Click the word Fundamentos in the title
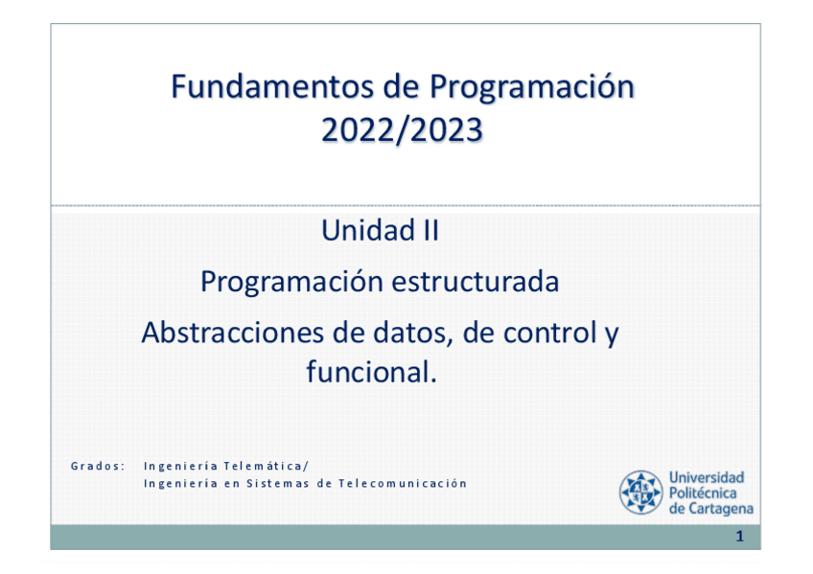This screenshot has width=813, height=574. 272,86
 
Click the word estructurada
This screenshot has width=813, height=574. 475,282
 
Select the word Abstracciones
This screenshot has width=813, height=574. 233,333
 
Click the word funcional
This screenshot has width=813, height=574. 371,372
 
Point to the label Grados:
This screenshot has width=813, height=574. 98,466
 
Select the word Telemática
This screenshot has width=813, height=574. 266,466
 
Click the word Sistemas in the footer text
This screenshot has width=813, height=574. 277,483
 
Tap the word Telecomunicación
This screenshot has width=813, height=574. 403,483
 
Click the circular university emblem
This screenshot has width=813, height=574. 640,493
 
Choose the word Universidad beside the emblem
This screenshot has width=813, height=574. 707,477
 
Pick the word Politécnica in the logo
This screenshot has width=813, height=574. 703,493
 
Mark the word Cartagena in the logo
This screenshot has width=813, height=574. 721,509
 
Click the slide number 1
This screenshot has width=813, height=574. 740,537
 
